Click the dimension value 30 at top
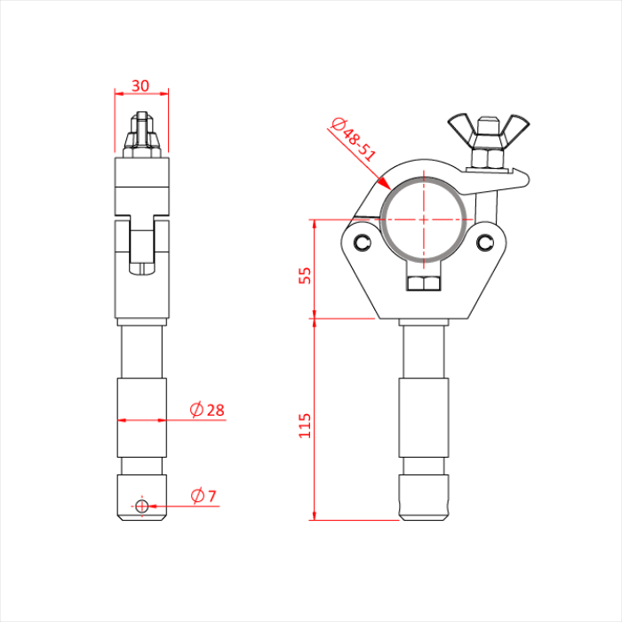(140, 85)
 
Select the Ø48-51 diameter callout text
(354, 140)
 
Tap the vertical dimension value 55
(306, 275)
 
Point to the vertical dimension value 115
(306, 424)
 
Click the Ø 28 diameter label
(207, 410)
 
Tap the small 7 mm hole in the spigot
(141, 506)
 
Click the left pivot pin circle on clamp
(361, 243)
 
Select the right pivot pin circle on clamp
(485, 243)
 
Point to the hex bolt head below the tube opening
(424, 283)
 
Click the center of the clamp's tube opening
(424, 218)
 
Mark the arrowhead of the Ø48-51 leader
(387, 184)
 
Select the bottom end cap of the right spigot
(424, 498)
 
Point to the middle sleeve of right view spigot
(424, 417)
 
